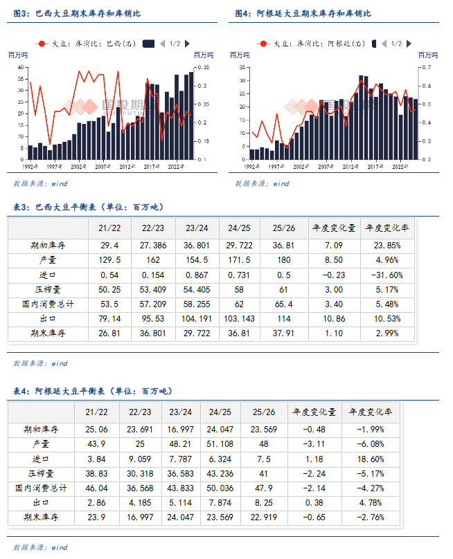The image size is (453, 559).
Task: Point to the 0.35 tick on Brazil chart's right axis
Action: pyautogui.click(x=204, y=67)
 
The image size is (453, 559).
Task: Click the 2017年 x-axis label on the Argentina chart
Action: pyautogui.click(x=375, y=167)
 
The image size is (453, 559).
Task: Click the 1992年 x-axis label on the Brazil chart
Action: pyautogui.click(x=29, y=167)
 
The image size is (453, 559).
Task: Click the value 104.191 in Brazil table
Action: pyautogui.click(x=197, y=319)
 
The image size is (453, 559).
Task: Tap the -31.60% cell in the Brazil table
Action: pyautogui.click(x=387, y=275)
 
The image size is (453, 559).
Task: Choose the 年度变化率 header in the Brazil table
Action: pyautogui.click(x=387, y=228)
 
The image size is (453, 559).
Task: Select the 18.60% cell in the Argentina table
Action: pyautogui.click(x=372, y=458)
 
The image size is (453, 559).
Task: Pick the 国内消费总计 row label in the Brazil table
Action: pyautogui.click(x=48, y=304)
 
